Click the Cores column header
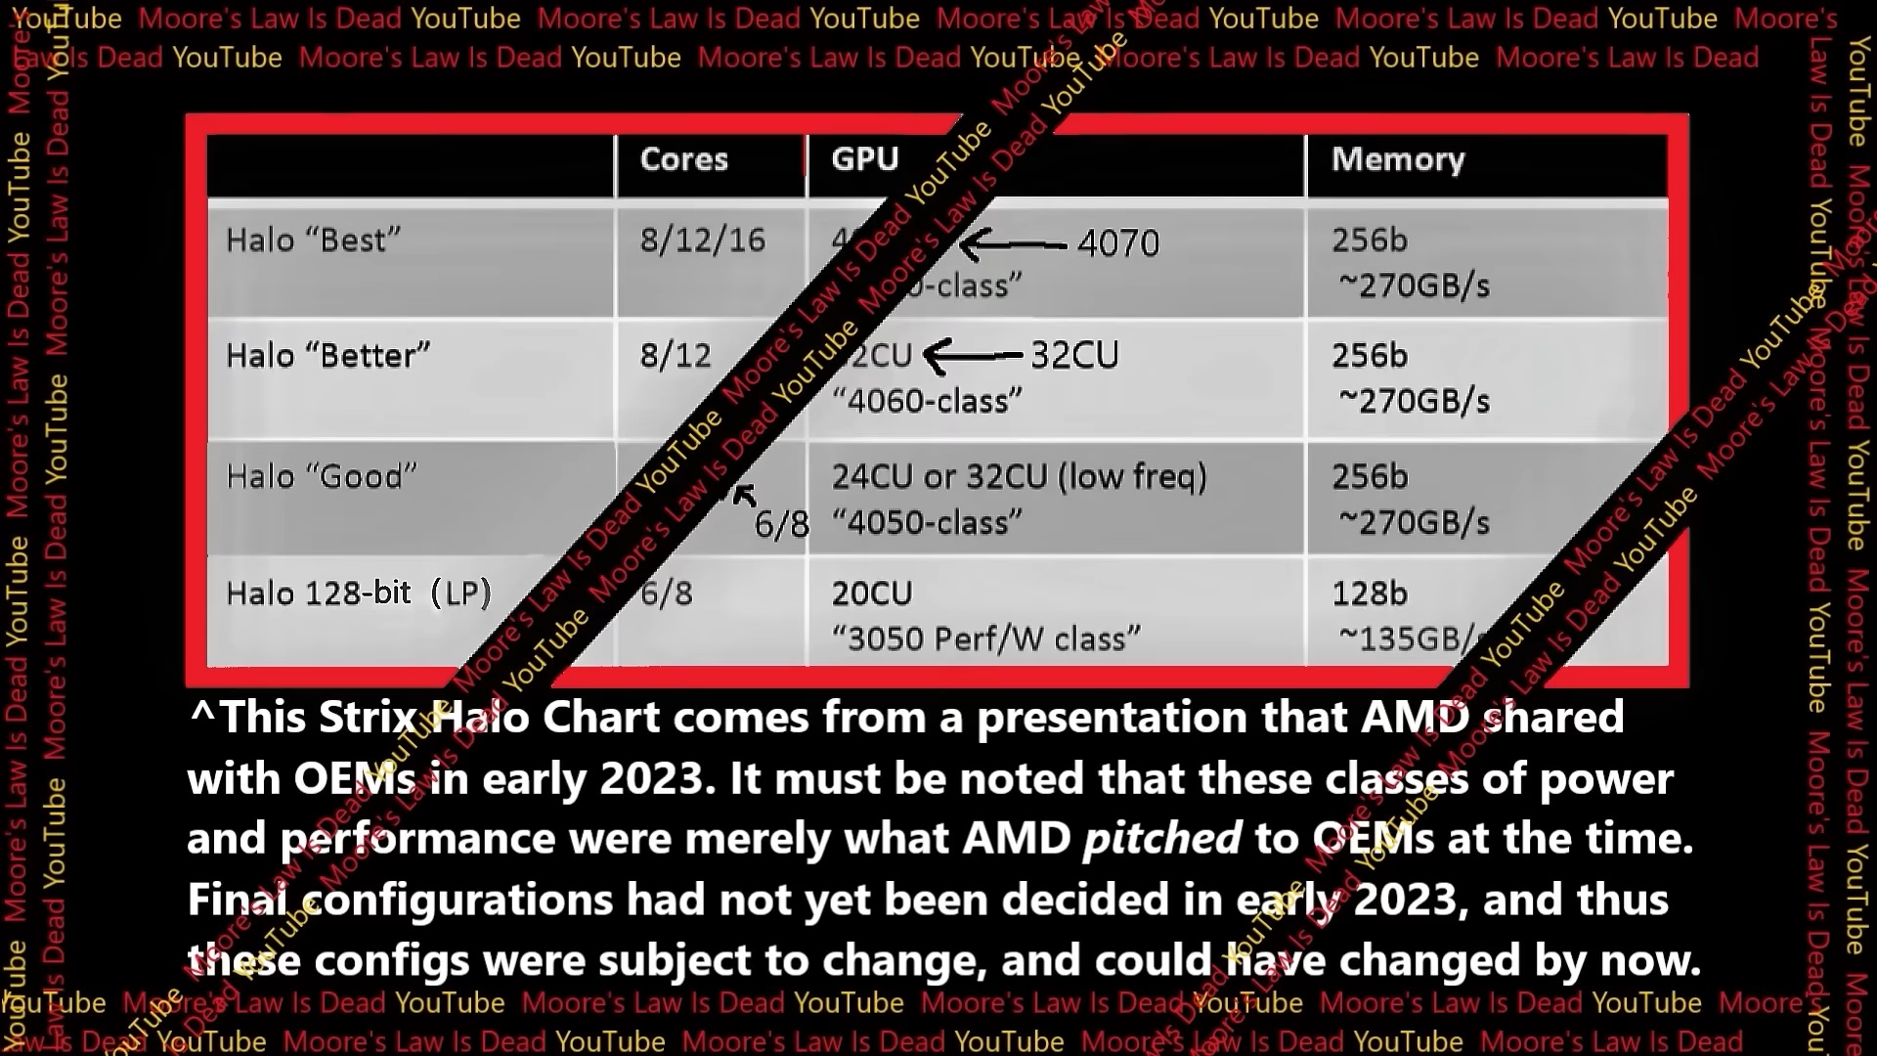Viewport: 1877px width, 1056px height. click(683, 159)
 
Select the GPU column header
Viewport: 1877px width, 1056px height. click(864, 158)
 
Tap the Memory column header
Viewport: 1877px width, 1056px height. click(1397, 159)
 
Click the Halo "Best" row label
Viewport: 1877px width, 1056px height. click(313, 241)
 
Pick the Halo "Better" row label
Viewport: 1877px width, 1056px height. click(327, 356)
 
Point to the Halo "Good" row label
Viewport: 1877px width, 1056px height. click(321, 477)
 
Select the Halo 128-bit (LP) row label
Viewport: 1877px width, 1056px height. click(358, 594)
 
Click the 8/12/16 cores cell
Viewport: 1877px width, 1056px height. click(702, 241)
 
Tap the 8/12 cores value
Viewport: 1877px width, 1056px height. click(676, 356)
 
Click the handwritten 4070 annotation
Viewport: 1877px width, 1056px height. click(1117, 243)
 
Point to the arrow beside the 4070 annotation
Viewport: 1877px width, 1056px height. click(1012, 244)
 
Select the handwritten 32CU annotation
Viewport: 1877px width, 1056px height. click(1074, 356)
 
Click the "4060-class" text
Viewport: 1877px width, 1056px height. click(926, 402)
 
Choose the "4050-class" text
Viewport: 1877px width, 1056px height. click(926, 523)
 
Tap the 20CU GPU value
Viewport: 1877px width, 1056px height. click(871, 594)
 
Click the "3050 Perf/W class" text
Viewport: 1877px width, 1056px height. click(985, 639)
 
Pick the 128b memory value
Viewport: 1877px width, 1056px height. click(1369, 594)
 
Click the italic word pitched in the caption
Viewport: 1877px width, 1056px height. click(1161, 839)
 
